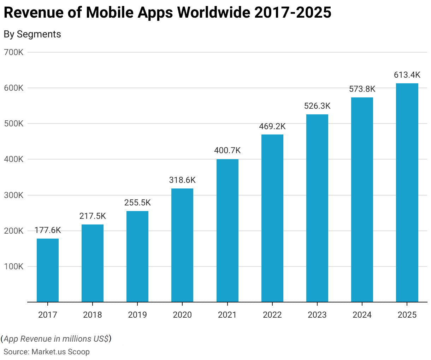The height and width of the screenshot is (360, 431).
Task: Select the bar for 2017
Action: click(48, 270)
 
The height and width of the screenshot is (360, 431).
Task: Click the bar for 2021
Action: click(227, 230)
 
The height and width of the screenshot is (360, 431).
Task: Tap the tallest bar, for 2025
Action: click(407, 193)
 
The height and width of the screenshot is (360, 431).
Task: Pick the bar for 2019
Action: click(137, 257)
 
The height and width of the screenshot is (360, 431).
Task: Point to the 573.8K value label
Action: click(362, 89)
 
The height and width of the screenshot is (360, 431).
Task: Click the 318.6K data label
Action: click(182, 180)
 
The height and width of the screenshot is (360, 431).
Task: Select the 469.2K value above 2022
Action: click(272, 126)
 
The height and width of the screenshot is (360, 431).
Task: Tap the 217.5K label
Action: click(93, 216)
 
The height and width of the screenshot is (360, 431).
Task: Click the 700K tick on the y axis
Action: click(14, 52)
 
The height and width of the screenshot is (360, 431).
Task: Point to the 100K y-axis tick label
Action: click(14, 266)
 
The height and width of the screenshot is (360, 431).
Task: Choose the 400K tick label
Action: click(14, 160)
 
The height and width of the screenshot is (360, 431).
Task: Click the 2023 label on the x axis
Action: click(317, 315)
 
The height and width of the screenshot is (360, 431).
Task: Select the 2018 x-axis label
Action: click(93, 315)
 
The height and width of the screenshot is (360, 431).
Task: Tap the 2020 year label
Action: click(182, 315)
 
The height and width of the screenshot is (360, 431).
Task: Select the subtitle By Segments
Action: click(32, 34)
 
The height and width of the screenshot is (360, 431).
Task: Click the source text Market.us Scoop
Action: click(60, 352)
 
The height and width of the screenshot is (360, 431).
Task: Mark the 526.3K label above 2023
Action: click(317, 106)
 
